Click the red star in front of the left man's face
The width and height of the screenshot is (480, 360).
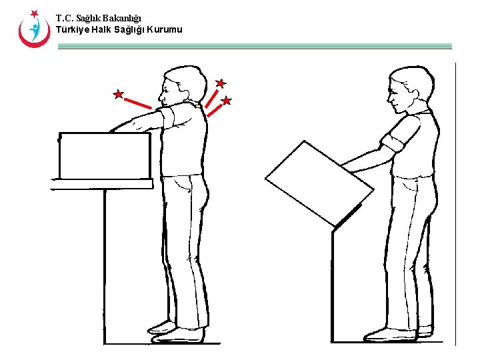pos(118,94)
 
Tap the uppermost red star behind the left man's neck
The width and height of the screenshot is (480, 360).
pos(221,83)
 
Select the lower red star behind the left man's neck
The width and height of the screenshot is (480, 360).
pos(226,101)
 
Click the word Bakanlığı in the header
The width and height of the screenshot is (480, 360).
pos(121,19)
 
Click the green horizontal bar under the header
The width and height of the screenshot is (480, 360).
pos(255,46)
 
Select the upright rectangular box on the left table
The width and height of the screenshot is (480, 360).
pos(105,156)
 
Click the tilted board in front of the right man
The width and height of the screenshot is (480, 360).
pos(319,184)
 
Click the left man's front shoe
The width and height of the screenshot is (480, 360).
pos(177,336)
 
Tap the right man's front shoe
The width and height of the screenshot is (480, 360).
pos(390,335)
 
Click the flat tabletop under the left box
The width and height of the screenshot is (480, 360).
pos(101,184)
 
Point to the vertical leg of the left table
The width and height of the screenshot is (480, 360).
pos(105,266)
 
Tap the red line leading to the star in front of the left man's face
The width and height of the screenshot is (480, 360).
pos(138,103)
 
